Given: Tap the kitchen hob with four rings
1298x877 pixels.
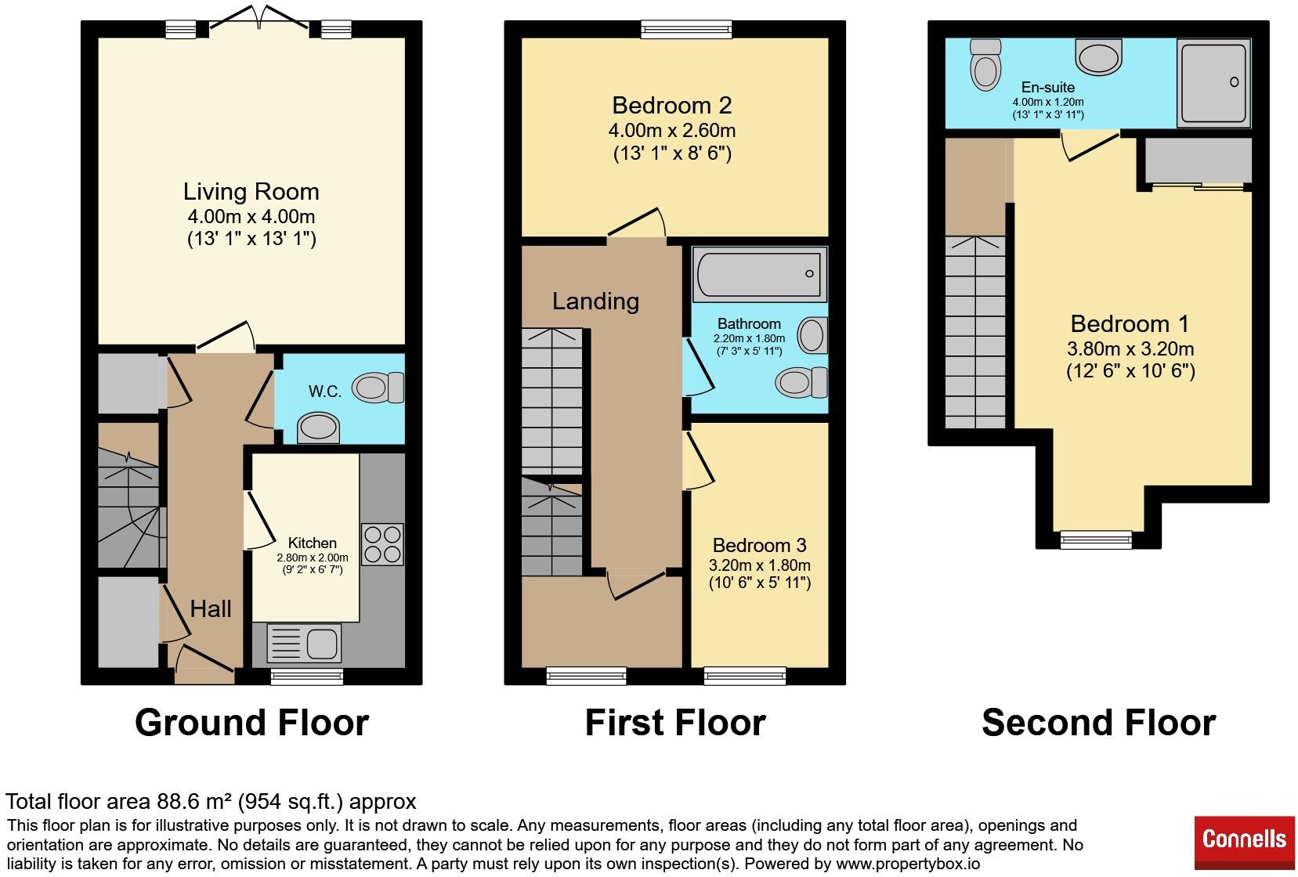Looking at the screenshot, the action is pyautogui.click(x=382, y=544).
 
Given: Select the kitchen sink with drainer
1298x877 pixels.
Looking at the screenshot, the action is pyautogui.click(x=304, y=643).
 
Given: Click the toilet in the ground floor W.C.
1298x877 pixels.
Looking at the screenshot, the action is pyautogui.click(x=378, y=388).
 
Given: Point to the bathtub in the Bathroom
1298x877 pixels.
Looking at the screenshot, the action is pyautogui.click(x=760, y=275).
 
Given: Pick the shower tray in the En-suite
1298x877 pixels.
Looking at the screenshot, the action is pyautogui.click(x=1213, y=83).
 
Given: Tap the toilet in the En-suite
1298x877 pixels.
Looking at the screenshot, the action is pyautogui.click(x=985, y=64).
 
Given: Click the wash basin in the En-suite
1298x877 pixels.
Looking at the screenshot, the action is pyautogui.click(x=1099, y=56).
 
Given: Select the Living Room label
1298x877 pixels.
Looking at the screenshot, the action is pyautogui.click(x=251, y=192).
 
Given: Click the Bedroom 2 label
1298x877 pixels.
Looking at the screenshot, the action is pyautogui.click(x=671, y=106).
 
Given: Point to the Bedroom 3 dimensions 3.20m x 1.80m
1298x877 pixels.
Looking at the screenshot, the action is pyautogui.click(x=760, y=565).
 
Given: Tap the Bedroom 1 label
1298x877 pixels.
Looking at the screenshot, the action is pyautogui.click(x=1130, y=324).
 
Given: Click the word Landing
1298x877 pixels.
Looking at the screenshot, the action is pyautogui.click(x=595, y=301).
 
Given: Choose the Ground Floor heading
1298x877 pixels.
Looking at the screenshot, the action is pyautogui.click(x=252, y=723).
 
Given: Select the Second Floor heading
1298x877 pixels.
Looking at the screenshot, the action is pyautogui.click(x=1099, y=723).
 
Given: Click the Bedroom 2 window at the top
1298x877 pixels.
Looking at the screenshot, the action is pyautogui.click(x=686, y=29).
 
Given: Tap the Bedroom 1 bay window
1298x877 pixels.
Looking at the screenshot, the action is pyautogui.click(x=1096, y=540).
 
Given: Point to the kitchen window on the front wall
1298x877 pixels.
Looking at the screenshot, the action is pyautogui.click(x=307, y=676).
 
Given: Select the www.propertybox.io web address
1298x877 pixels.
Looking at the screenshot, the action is pyautogui.click(x=908, y=864).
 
